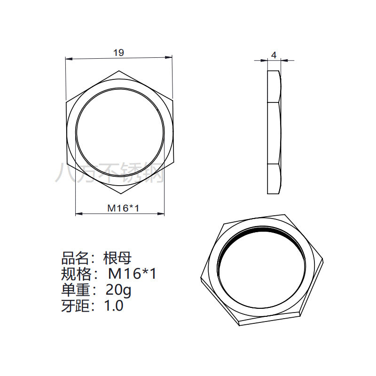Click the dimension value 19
(119, 53)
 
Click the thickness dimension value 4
(274, 55)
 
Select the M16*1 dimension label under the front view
(123, 208)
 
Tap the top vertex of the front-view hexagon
(119, 71)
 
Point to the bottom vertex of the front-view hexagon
(122, 194)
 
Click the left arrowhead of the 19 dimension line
(69, 59)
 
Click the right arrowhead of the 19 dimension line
(169, 57)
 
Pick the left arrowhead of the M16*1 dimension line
(79, 213)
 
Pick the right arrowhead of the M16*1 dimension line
(161, 213)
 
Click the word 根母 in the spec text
(117, 258)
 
